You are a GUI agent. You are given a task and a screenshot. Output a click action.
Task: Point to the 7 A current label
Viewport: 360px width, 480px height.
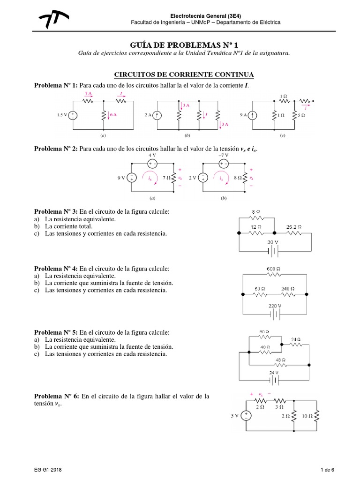pyautogui.click(x=88, y=94)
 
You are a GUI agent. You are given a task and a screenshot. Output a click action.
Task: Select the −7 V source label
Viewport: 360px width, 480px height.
pyautogui.click(x=224, y=155)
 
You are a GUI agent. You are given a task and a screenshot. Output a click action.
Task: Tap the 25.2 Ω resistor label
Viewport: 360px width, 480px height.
pyautogui.click(x=294, y=227)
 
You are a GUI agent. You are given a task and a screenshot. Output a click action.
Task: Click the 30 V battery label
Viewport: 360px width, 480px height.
pyautogui.click(x=272, y=242)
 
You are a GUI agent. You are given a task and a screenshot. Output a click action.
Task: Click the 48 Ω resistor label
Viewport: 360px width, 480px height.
pyautogui.click(x=280, y=360)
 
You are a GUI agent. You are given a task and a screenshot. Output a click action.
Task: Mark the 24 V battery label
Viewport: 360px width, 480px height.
pyautogui.click(x=274, y=373)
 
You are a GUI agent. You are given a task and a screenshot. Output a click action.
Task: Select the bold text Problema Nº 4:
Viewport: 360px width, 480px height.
pyautogui.click(x=56, y=269)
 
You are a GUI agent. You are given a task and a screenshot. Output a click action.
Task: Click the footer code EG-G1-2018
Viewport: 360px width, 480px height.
pyautogui.click(x=47, y=470)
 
